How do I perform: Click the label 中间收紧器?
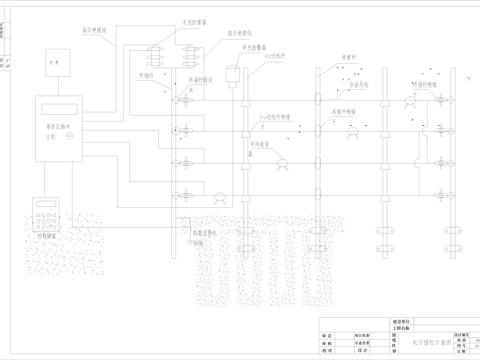click(263, 142)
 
